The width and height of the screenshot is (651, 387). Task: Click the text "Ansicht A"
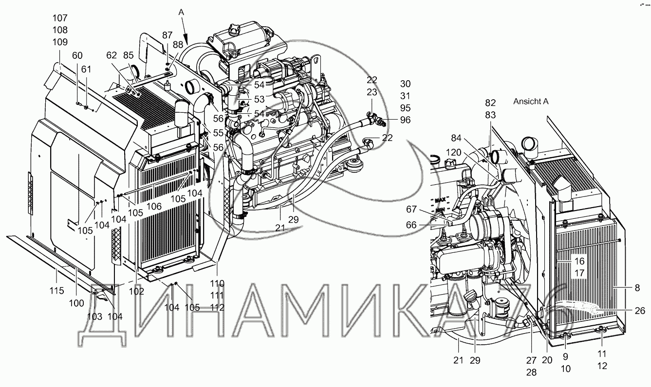coord(531,102)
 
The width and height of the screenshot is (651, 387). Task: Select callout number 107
coord(60,18)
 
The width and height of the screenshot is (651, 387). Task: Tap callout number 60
coord(77,55)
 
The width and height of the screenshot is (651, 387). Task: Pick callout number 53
coord(259,100)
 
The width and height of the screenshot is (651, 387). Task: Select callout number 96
coord(405,120)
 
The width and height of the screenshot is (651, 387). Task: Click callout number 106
coord(154,207)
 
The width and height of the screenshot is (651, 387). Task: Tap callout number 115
coord(57,291)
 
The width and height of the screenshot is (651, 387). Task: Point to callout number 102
coord(137,291)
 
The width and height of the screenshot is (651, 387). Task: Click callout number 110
coord(217,283)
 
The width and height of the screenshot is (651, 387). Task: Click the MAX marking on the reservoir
coord(441,200)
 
